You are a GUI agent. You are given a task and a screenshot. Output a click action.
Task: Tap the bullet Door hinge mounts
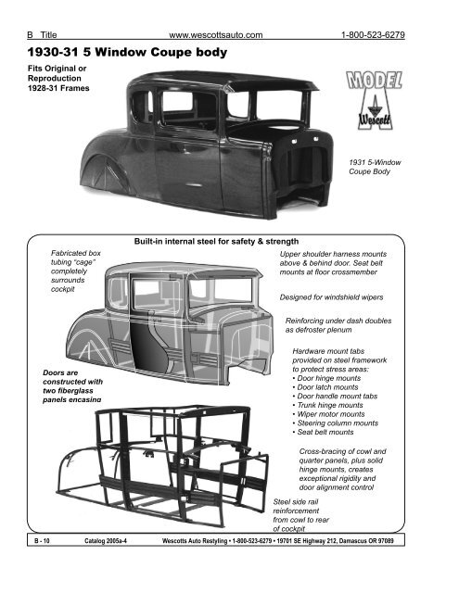(337, 393)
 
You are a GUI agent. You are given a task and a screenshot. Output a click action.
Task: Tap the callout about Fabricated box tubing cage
(76, 270)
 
